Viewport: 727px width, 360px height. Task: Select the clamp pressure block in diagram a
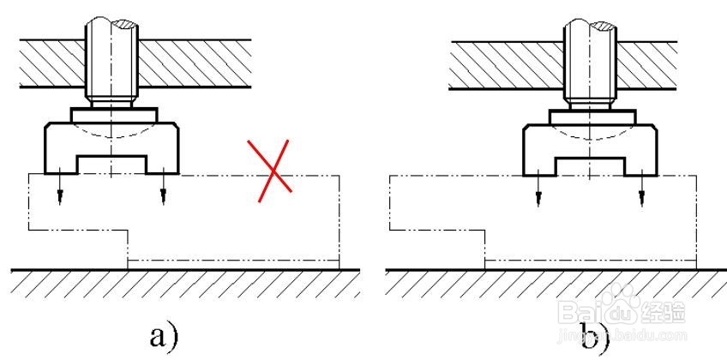[111, 142]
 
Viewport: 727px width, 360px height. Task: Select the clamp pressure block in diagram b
[591, 142]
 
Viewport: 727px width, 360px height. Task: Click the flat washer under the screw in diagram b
[592, 113]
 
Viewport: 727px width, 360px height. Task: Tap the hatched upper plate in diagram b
[497, 63]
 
